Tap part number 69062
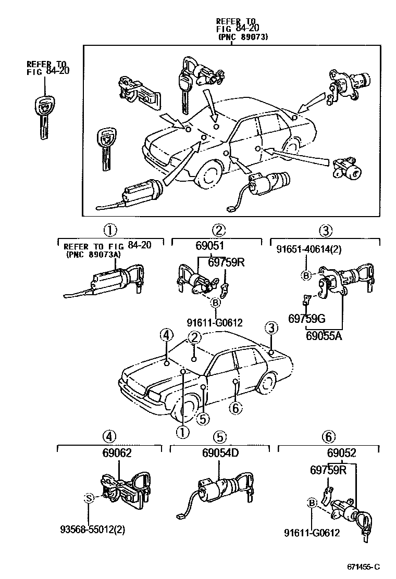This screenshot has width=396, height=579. [x=117, y=453]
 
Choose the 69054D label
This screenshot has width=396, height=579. [x=220, y=453]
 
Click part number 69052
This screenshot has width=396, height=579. [x=341, y=453]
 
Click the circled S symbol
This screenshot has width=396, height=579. [x=89, y=498]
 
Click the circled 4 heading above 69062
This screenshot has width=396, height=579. [x=110, y=436]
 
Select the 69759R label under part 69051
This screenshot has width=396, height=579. [x=226, y=262]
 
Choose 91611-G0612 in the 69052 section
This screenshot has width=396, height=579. [x=312, y=532]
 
